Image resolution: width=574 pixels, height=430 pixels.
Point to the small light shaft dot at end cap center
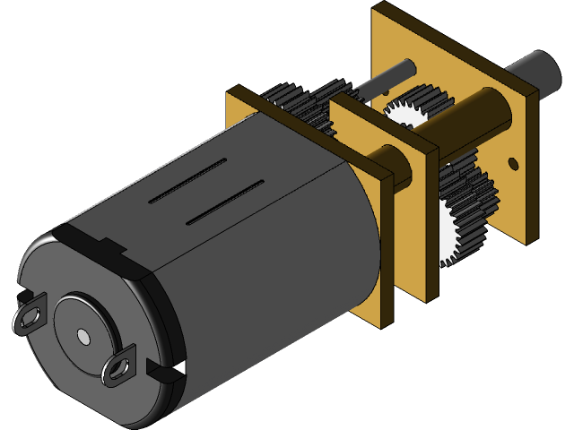(x=83, y=335)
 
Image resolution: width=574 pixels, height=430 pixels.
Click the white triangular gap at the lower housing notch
(x=180, y=367)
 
